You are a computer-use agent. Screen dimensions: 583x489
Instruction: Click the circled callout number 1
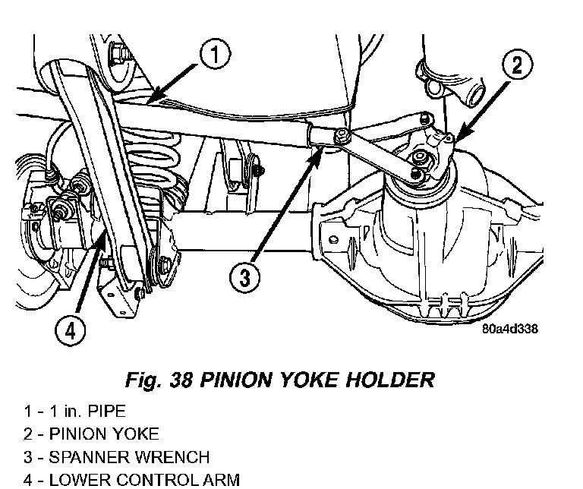click(x=215, y=55)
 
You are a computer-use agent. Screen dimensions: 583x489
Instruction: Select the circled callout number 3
click(x=244, y=277)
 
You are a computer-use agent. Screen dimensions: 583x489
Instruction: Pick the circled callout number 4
click(x=71, y=330)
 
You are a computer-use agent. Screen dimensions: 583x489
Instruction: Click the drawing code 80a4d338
click(x=510, y=329)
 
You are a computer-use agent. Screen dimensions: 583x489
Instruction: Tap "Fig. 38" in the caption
click(x=159, y=380)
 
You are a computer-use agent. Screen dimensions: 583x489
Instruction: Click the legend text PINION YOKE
click(x=104, y=434)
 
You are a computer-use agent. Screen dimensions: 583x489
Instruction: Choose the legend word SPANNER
click(x=90, y=457)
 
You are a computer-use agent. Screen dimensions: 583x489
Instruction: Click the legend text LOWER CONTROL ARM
click(x=144, y=480)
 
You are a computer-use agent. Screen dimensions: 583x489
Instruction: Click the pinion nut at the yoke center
click(x=419, y=159)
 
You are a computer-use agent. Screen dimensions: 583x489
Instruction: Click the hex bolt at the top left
click(x=117, y=55)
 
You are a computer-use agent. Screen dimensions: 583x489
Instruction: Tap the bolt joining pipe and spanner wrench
click(x=341, y=135)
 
